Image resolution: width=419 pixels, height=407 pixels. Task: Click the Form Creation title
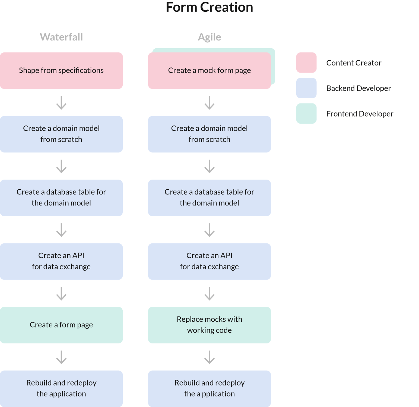209,7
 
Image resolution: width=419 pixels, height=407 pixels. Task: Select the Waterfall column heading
61,37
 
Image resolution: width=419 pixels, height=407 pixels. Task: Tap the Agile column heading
209,37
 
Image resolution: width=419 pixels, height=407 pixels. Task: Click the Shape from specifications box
61,71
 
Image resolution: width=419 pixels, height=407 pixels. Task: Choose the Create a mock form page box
209,71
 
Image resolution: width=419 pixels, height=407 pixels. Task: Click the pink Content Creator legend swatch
306,63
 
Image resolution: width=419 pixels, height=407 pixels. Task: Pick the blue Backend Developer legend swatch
306,88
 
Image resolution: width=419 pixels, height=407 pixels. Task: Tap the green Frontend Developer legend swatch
306,114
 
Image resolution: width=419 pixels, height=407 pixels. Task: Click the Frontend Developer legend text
360,114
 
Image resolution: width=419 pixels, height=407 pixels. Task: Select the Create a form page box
61,325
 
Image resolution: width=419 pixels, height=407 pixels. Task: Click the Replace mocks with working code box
209,325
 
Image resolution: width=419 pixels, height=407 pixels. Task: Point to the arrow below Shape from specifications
61,103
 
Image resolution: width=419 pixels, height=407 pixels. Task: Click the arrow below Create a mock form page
209,103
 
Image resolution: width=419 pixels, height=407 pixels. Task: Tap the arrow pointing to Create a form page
61,294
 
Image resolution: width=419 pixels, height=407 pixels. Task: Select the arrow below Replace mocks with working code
209,357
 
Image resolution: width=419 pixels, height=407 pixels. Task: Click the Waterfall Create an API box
61,261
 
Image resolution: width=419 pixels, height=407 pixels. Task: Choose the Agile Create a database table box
209,198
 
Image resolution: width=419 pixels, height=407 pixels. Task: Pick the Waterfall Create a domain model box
61,134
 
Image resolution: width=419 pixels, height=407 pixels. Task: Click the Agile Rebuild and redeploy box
209,389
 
